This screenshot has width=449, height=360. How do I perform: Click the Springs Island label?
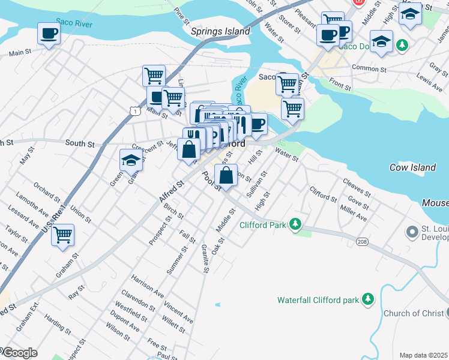coord(220,31)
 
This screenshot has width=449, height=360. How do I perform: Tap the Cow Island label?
coord(412,167)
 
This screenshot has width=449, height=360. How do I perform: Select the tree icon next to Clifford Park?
coord(295,224)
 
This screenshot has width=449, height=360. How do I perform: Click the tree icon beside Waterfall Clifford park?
coord(367,299)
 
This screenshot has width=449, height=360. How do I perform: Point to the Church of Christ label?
coord(413,313)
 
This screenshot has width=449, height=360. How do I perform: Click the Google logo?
coord(19,353)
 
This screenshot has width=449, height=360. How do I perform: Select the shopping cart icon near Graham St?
coord(62,235)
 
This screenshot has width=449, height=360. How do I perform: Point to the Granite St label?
coord(204,259)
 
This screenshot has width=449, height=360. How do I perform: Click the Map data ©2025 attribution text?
coord(423,355)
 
